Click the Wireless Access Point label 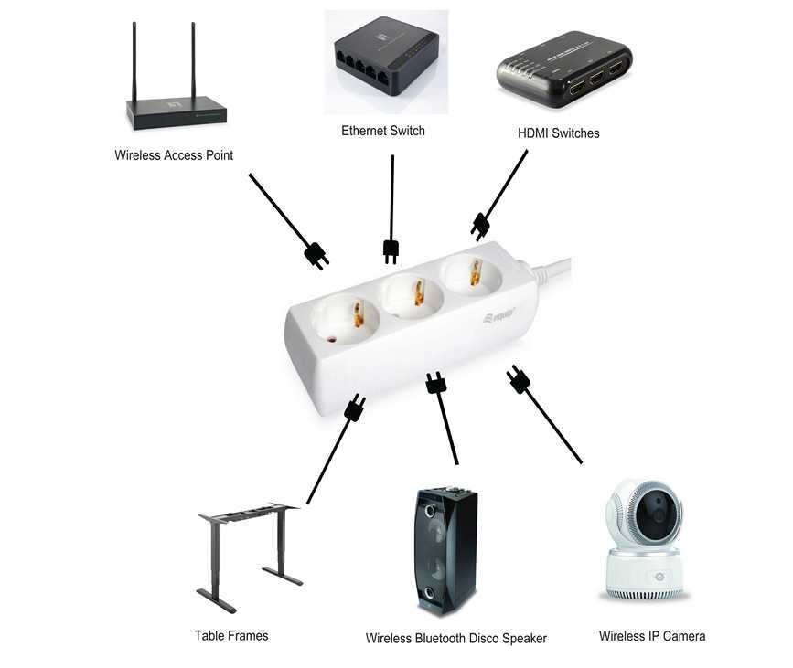174,155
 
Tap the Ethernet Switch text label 383,131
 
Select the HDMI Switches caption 559,133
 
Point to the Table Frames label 231,635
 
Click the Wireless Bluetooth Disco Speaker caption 455,638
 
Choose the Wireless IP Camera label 652,635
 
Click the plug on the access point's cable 316,255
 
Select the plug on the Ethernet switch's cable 391,249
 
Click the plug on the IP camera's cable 519,379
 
